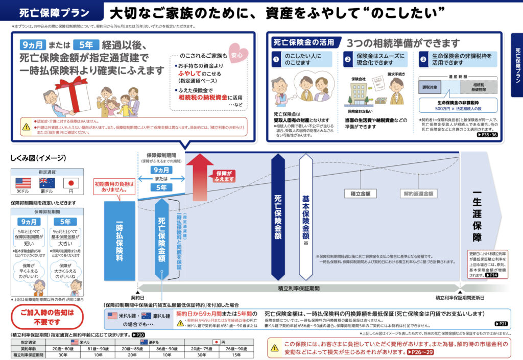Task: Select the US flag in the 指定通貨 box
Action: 23,183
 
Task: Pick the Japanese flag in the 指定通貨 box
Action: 70,183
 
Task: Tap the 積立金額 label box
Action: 361,194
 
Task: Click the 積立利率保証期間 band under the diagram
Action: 299,289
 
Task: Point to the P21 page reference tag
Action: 501,324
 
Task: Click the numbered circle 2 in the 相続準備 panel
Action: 347,59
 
